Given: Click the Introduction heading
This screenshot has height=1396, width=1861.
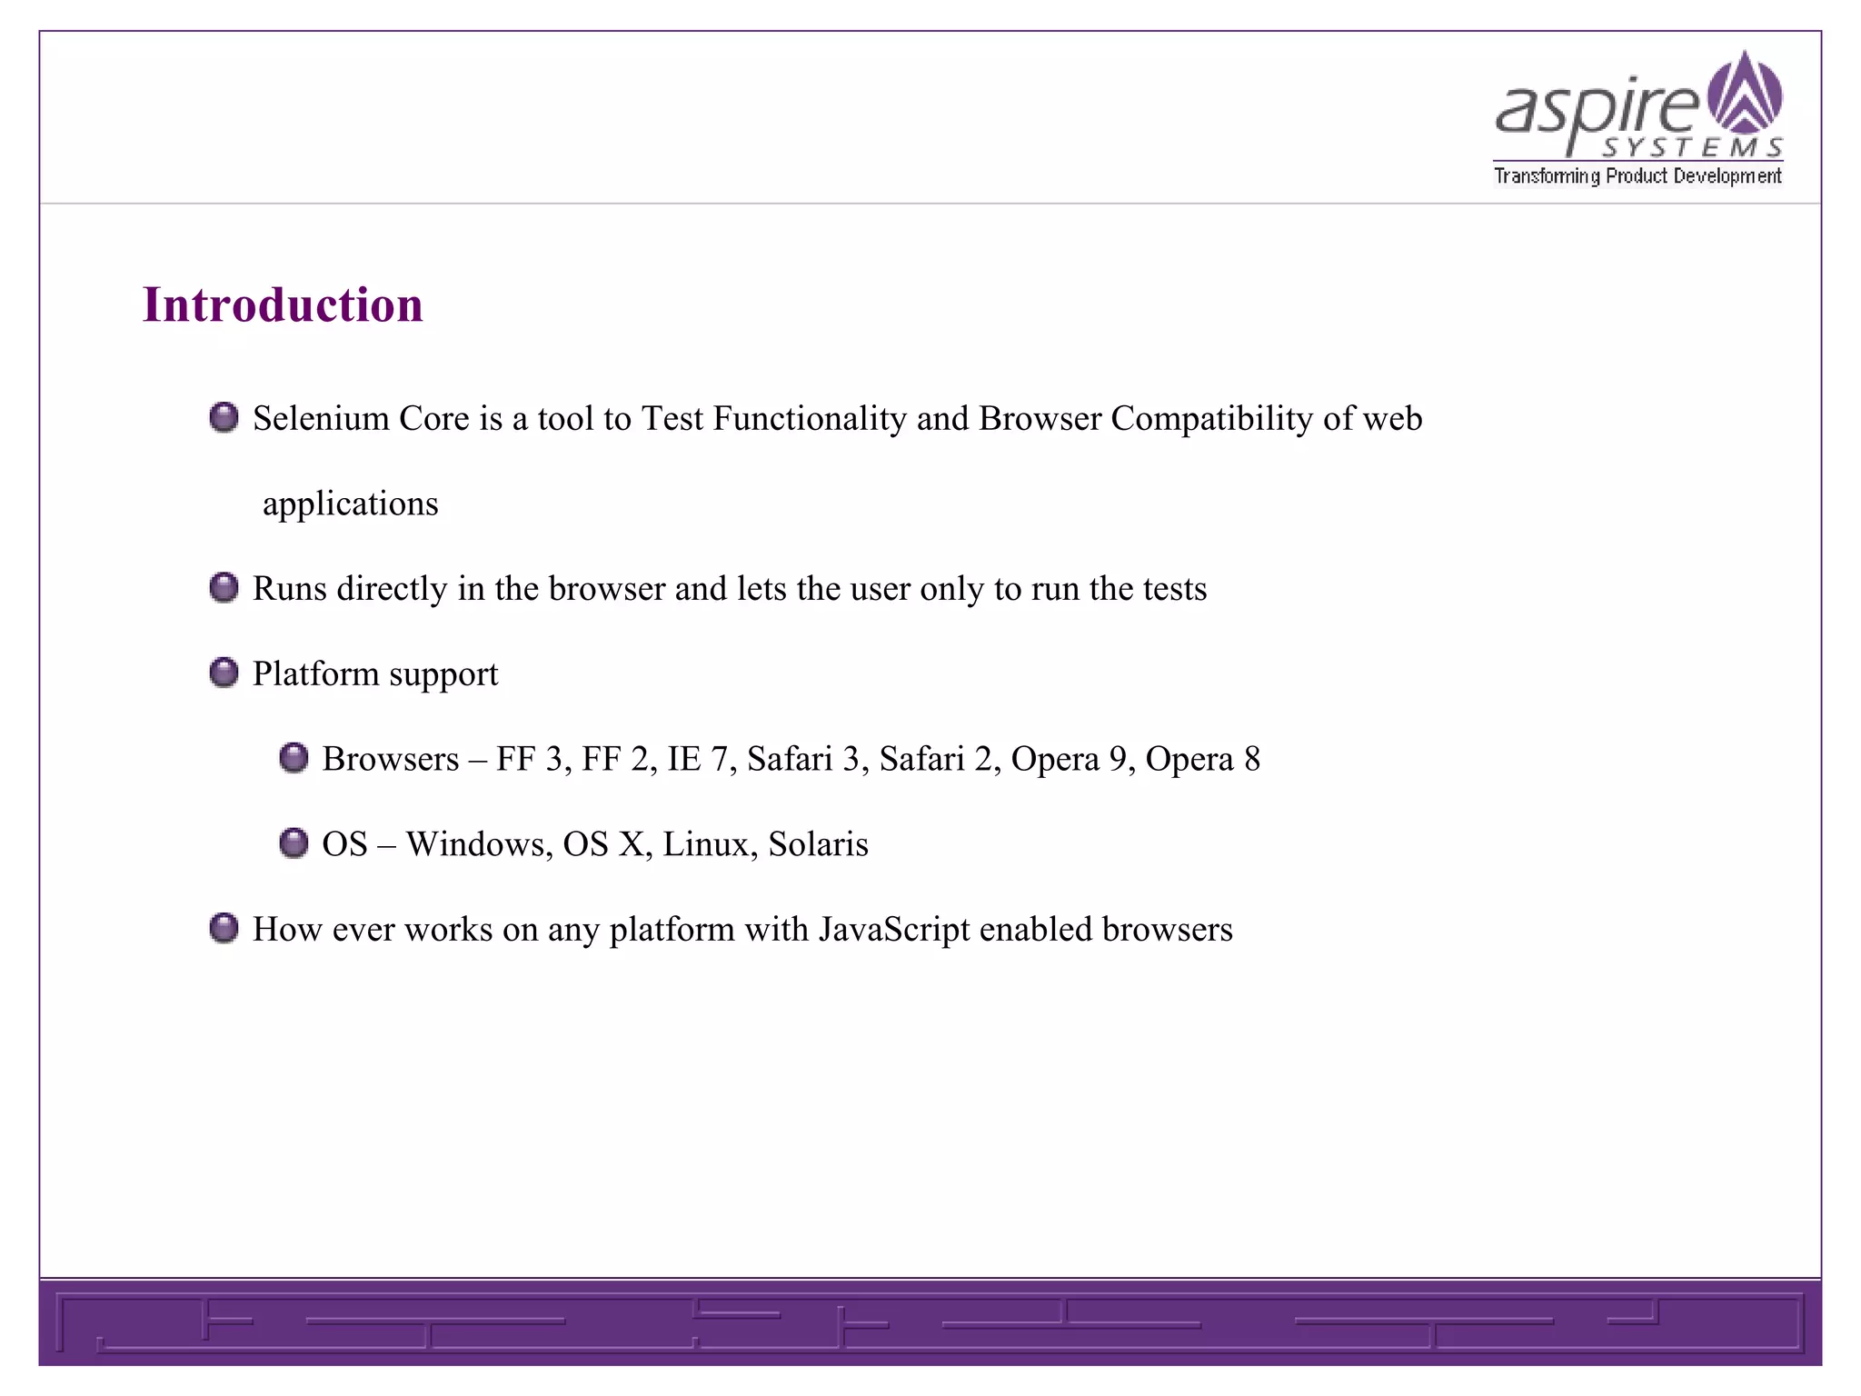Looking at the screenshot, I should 283,304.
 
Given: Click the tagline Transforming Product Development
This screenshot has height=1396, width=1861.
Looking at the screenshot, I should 1637,176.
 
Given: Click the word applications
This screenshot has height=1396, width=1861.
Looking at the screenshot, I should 350,504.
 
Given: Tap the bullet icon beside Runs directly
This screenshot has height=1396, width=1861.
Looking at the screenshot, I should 224,587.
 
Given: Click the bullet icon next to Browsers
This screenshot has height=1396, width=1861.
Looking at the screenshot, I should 294,758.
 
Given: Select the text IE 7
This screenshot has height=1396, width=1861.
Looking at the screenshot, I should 697,759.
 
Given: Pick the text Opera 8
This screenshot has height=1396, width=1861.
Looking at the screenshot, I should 1202,759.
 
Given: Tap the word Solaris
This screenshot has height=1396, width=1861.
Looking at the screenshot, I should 818,844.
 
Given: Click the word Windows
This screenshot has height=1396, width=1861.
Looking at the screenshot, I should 479,844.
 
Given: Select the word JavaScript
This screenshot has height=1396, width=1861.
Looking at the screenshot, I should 894,930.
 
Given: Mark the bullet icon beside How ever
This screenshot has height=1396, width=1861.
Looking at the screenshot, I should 224,928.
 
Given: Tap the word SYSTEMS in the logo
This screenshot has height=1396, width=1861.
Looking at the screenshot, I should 1691,148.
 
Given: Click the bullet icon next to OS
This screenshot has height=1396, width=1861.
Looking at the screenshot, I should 294,843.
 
